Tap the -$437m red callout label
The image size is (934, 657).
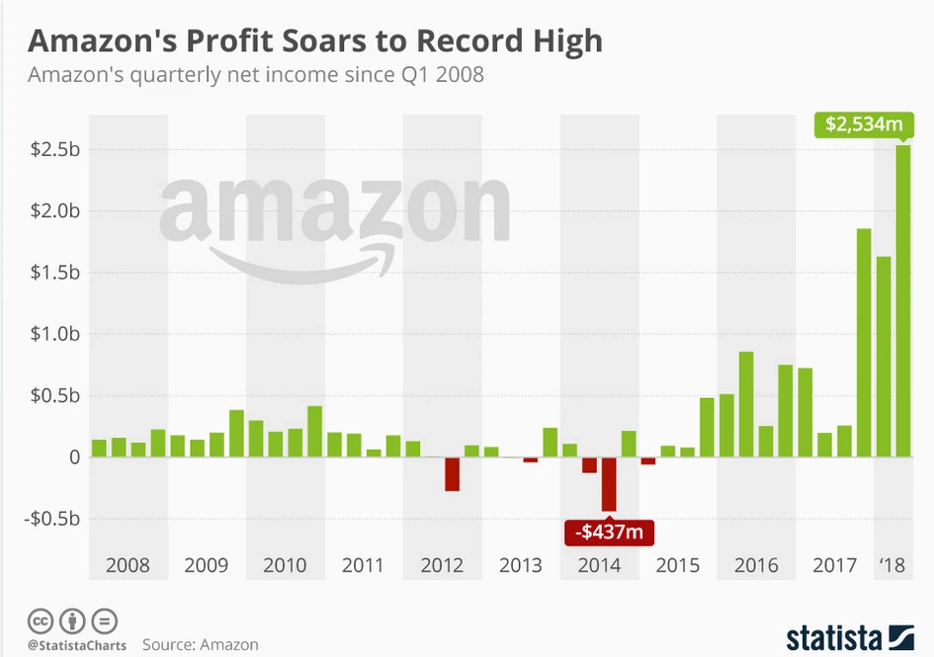609,534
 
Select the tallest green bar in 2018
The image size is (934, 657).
903,301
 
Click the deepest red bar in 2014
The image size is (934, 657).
609,483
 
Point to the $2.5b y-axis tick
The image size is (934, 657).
55,149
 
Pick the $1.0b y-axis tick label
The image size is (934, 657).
55,334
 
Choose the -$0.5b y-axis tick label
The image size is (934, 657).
52,519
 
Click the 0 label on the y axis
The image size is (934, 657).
73,457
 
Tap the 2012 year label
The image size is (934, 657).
442,566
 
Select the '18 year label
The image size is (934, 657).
892,566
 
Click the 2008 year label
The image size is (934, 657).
127,566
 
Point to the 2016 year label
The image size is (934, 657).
756,566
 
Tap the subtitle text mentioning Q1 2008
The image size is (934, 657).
256,74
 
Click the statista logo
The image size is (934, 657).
849,637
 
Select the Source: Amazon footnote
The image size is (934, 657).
201,644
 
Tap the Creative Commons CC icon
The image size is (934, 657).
41,621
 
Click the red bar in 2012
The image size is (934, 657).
452,474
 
